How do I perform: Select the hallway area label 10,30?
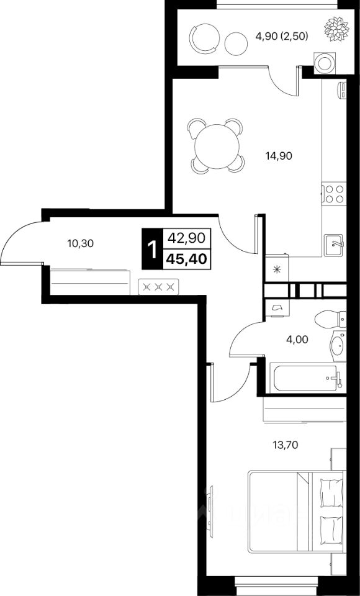pyautogui.click(x=79, y=243)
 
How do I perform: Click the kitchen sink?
pyautogui.click(x=335, y=244)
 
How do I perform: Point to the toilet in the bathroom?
pyautogui.click(x=330, y=320)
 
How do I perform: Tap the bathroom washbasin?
pyautogui.click(x=337, y=345)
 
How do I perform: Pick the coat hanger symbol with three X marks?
pyautogui.click(x=159, y=286)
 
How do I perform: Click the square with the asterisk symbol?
pyautogui.click(x=274, y=269)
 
